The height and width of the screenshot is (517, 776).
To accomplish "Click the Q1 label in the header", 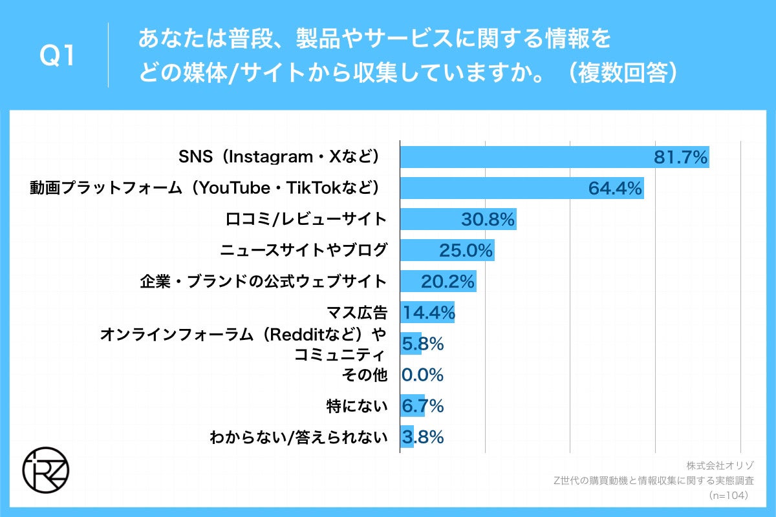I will tap(58, 57).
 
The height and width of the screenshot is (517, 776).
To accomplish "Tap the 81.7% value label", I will tap(681, 157).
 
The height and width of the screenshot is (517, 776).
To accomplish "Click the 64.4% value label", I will tap(615, 188).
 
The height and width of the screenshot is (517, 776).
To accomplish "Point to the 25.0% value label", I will tap(466, 250).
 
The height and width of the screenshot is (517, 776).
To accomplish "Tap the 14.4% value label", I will tap(429, 313).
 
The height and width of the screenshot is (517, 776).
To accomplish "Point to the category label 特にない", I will tap(357, 406).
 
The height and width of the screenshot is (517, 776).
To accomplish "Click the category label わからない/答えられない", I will tap(298, 438).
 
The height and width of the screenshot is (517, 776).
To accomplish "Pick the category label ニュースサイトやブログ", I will tap(303, 251).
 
